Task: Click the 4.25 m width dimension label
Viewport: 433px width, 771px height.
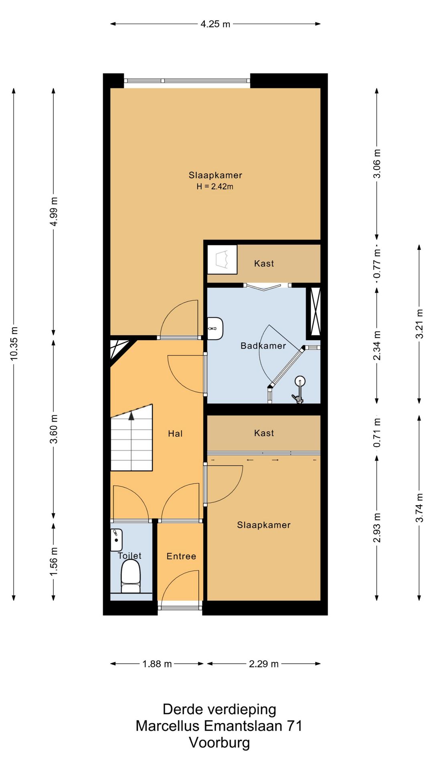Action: tap(215, 24)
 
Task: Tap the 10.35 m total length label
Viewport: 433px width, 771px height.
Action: tap(14, 343)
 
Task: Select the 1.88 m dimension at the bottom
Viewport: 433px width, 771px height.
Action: tap(157, 664)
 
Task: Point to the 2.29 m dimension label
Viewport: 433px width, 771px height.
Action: tap(263, 664)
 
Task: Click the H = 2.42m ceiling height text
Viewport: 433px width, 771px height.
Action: tap(215, 186)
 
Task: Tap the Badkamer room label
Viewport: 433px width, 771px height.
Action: tap(263, 346)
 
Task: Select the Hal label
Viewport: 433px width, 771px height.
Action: tap(175, 434)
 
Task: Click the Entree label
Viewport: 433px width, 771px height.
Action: tap(181, 556)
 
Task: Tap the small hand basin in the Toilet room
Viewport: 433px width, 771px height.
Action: tap(116, 540)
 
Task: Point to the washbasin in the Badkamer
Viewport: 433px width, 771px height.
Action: tap(215, 328)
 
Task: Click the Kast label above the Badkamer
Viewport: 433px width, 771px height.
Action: tap(264, 263)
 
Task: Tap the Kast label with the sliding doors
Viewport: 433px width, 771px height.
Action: tap(264, 433)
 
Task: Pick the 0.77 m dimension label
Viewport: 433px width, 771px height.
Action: tap(377, 263)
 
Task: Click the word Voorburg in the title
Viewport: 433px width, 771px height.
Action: tap(219, 742)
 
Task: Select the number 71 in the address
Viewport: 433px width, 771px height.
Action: tap(294, 726)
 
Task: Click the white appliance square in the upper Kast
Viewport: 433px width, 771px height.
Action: tap(222, 259)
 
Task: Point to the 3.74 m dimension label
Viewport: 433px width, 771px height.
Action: tap(419, 508)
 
